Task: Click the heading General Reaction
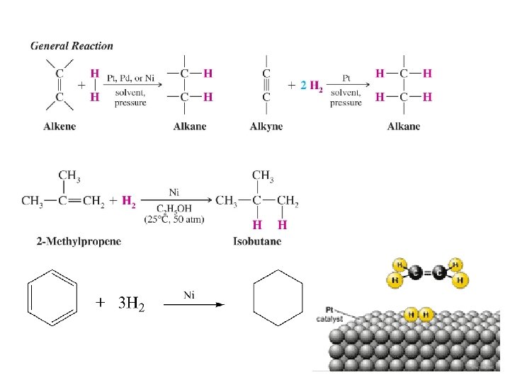72,46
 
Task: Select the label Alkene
60,127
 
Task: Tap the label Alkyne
266,127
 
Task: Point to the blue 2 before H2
304,86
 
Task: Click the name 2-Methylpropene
79,241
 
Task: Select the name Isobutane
257,241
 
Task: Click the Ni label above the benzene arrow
189,294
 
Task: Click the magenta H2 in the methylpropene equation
129,202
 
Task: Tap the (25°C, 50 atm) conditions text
175,220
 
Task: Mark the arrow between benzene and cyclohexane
194,304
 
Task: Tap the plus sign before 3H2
101,304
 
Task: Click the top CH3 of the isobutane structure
263,175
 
